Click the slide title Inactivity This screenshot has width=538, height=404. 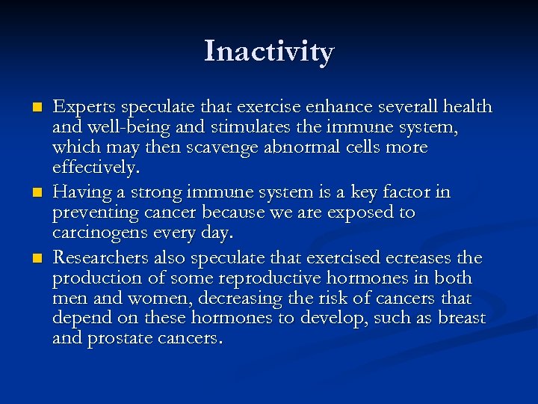[x=269, y=52]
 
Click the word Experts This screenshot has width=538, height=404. [x=81, y=107]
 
